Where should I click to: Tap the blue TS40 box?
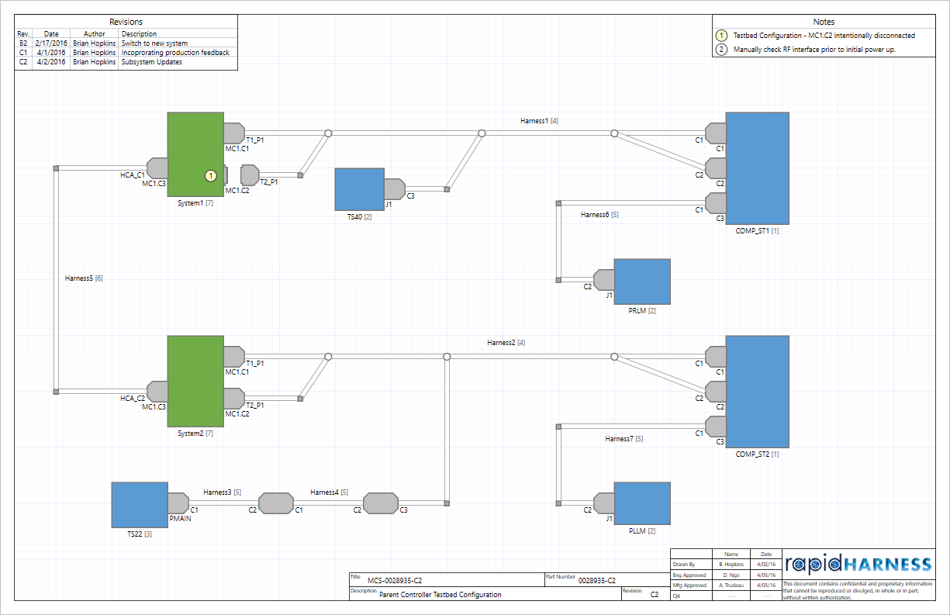coord(359,189)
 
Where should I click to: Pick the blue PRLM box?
coord(641,282)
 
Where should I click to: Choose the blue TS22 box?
coord(140,505)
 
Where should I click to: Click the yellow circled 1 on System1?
coord(210,176)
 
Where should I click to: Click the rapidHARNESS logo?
coord(858,564)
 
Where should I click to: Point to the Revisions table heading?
coord(126,22)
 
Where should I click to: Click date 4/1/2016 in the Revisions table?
coord(51,53)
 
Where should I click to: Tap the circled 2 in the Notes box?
coord(721,50)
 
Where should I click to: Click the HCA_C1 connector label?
coord(132,176)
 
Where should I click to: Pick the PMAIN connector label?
coord(180,519)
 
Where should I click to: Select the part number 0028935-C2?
coord(597,580)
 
